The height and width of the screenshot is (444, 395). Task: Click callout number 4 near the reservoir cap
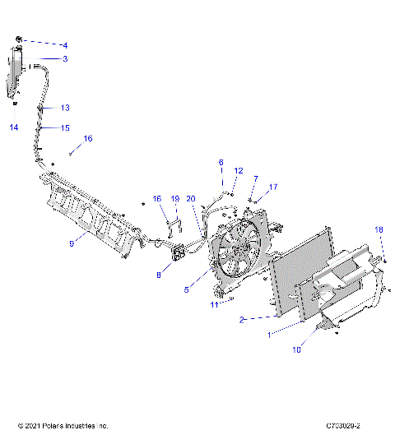coord(65,44)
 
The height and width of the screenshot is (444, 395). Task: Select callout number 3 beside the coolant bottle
coord(65,59)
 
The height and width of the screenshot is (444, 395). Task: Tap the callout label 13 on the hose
coord(65,108)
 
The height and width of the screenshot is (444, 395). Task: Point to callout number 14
coord(13,127)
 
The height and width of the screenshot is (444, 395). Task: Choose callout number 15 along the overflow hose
coord(65,127)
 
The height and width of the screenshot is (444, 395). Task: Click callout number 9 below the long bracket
coord(72,243)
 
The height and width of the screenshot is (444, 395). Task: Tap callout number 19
coord(174,199)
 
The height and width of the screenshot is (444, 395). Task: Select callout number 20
coord(191,199)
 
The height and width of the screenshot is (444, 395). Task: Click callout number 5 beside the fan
coord(187,289)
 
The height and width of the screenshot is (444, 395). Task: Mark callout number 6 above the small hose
coord(221,162)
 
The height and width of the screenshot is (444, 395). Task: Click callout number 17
coord(273,187)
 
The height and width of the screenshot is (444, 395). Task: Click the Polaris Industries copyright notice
coord(63,426)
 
